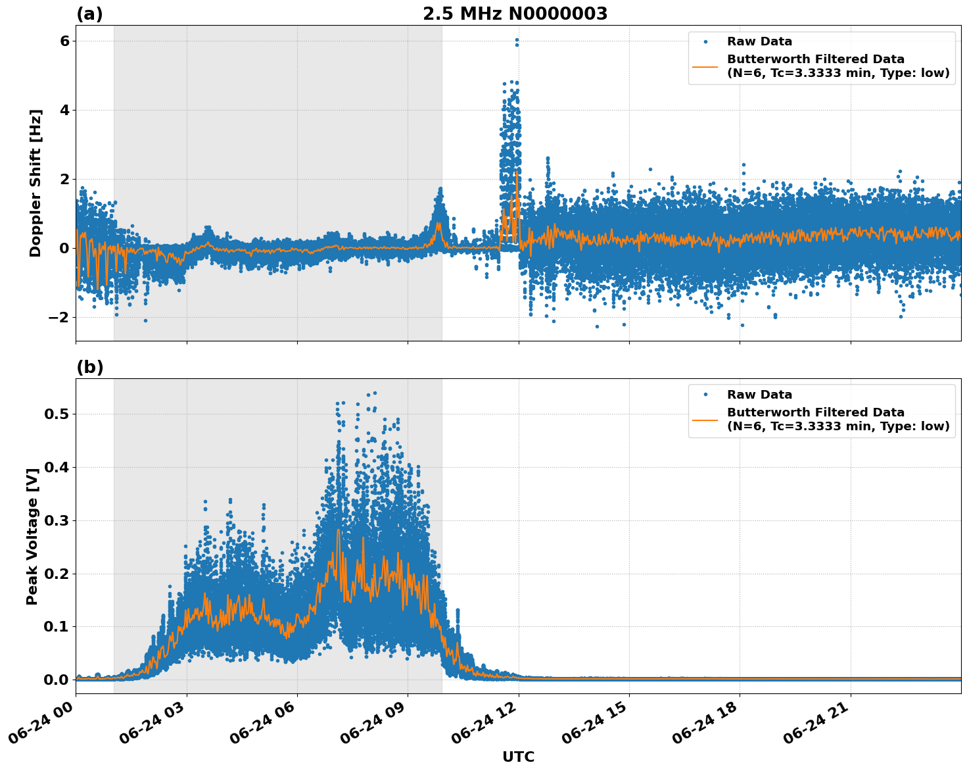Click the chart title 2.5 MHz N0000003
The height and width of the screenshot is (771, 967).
[515, 14]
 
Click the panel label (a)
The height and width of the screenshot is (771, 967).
[89, 14]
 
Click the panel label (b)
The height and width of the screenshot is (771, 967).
[89, 367]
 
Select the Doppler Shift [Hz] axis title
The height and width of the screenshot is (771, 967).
[35, 183]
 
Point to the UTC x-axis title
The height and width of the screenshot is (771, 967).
[518, 757]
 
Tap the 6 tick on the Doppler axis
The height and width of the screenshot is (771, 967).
[64, 41]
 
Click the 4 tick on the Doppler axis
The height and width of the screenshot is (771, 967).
[64, 110]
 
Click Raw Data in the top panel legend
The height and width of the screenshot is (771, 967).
[759, 41]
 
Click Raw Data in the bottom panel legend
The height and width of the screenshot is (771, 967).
[759, 395]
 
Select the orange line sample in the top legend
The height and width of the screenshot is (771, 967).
[705, 66]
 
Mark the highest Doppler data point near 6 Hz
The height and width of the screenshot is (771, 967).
[517, 40]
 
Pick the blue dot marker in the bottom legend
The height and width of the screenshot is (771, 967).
[705, 395]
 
